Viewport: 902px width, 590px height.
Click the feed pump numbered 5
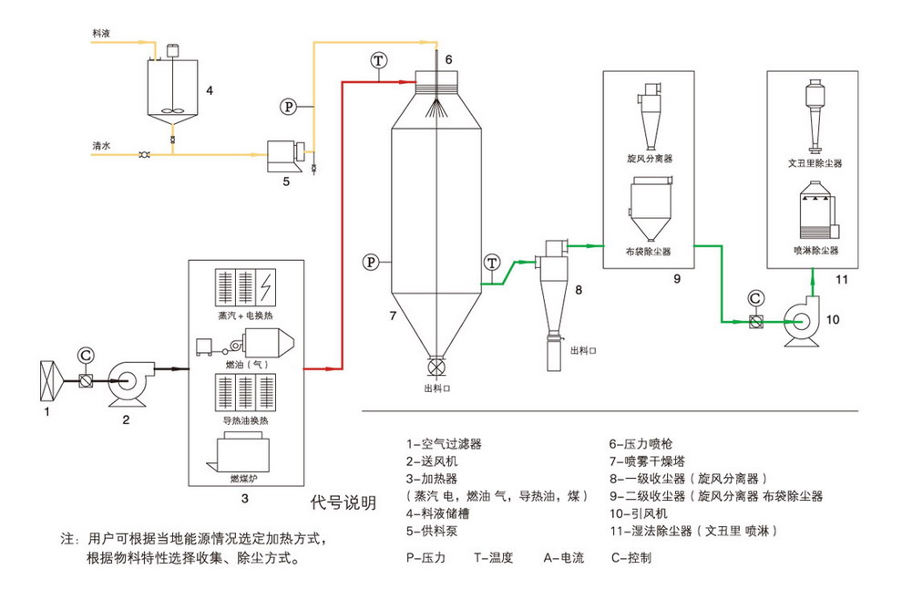285,153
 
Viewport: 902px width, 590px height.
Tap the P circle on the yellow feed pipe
288,107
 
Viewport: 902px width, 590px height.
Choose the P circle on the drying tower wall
371,262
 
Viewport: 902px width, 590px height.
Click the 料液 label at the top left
102,32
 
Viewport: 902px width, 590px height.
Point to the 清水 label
102,145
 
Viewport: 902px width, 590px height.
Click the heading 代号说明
342,502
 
